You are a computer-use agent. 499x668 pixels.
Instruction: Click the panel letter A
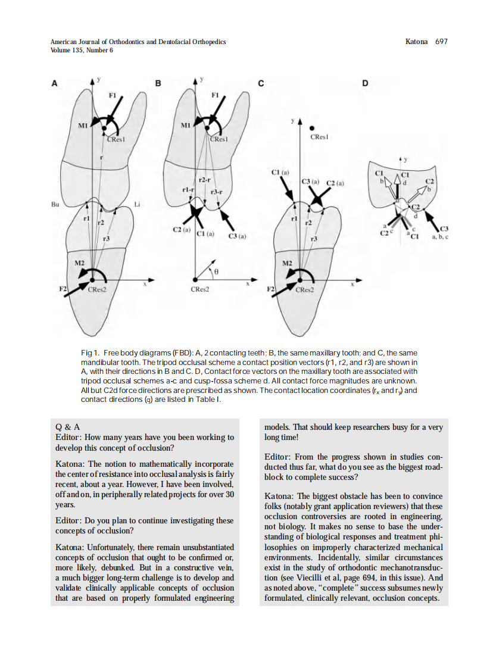point(54,83)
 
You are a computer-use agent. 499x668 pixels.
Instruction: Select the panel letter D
point(365,83)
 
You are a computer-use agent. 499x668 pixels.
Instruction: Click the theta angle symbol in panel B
point(217,270)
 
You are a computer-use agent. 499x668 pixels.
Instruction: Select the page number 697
point(441,42)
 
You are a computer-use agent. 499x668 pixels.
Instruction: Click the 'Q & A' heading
point(67,427)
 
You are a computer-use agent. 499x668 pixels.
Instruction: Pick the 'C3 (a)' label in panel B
point(237,236)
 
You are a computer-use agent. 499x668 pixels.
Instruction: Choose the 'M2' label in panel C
point(288,263)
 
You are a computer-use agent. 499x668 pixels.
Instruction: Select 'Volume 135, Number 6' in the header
point(82,50)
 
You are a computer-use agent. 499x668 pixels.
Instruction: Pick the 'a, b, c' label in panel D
point(439,236)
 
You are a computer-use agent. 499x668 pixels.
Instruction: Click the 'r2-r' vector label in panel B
point(205,179)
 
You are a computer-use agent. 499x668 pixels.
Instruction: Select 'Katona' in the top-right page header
point(416,42)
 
